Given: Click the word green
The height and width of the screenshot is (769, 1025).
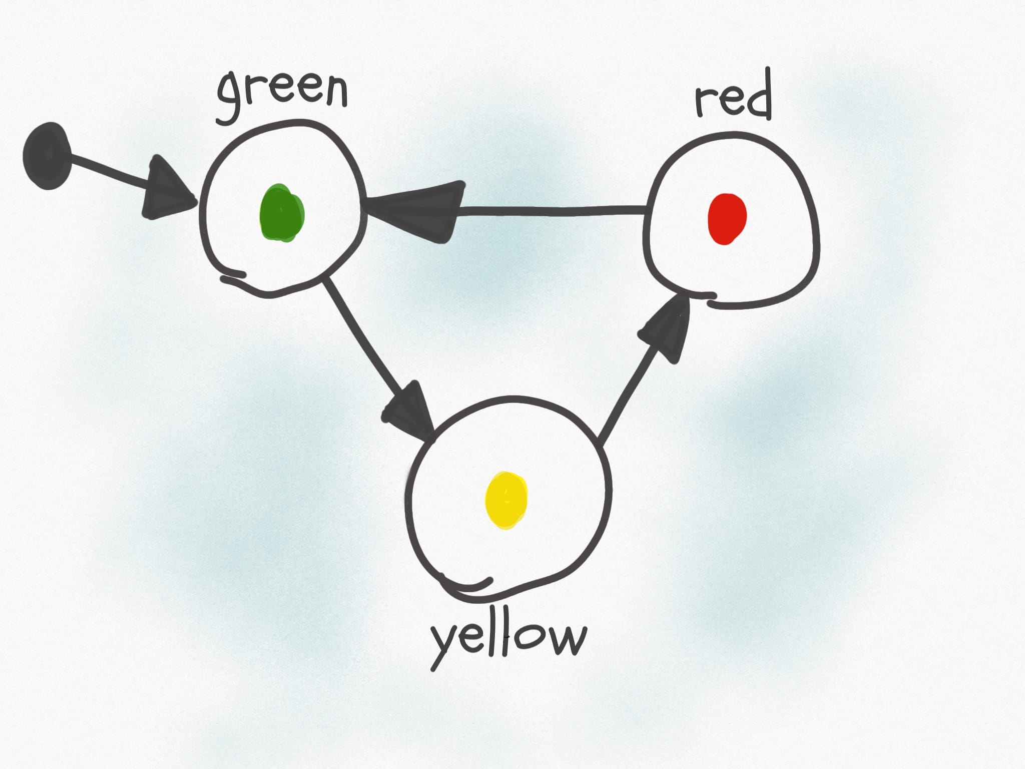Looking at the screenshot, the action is click(282, 95).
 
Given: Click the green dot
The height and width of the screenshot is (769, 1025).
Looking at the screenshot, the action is click(282, 213).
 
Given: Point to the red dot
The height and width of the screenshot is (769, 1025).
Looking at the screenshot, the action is click(727, 219).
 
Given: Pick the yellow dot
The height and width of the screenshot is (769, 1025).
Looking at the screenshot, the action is click(506, 501).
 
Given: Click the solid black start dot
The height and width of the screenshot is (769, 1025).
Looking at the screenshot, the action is click(46, 156).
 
